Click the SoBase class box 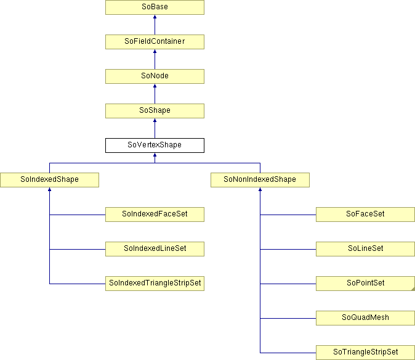click(x=155, y=7)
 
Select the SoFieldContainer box click(x=155, y=42)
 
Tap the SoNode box click(x=155, y=76)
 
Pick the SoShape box click(x=155, y=111)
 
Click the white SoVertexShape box click(x=155, y=145)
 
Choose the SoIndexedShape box click(x=49, y=180)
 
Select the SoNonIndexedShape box click(x=260, y=180)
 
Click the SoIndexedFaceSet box click(x=155, y=215)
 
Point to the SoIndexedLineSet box click(x=155, y=249)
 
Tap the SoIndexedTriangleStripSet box click(x=155, y=284)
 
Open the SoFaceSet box click(x=365, y=215)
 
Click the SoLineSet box click(x=365, y=249)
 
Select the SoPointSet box click(x=365, y=284)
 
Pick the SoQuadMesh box click(x=365, y=318)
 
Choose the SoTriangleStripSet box click(x=365, y=353)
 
